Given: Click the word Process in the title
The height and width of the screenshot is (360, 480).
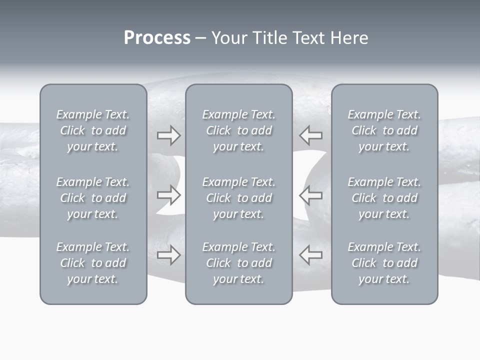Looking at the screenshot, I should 157,38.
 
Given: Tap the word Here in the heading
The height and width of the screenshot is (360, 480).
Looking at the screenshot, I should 349,38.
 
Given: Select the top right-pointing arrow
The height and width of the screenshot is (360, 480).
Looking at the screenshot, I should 169,135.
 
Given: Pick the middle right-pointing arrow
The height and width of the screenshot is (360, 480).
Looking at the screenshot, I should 169,195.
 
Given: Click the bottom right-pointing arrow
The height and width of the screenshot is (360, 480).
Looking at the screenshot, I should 169,255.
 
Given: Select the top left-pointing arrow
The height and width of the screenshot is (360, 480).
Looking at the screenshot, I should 310,135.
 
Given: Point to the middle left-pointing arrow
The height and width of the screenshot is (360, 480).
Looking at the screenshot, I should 310,195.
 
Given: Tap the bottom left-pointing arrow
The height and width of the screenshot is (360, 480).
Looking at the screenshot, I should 310,255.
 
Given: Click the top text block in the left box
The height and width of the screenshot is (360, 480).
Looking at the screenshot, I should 93,130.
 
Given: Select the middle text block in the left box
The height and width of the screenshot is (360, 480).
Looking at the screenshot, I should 93,198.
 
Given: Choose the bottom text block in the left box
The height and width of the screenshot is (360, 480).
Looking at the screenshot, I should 93,263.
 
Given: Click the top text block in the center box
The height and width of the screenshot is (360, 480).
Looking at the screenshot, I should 238,130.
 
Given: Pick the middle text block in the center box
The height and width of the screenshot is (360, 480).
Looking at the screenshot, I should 238,198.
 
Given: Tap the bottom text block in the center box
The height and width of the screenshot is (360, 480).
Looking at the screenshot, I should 238,263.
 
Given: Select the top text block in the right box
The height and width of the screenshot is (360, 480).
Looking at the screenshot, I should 384,130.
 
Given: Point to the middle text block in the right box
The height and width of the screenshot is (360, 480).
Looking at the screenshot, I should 384,198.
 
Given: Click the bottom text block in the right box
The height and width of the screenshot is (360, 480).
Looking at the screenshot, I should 384,263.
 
